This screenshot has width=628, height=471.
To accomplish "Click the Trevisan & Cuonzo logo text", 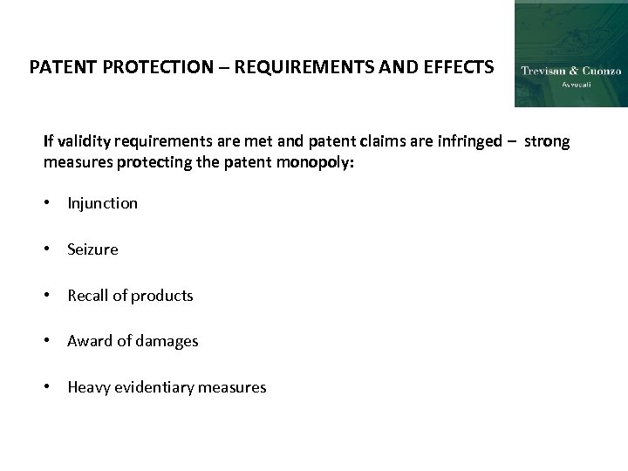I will tap(570, 71).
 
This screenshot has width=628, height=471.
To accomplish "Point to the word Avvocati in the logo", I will tap(571, 85).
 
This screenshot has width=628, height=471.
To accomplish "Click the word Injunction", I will tap(102, 203).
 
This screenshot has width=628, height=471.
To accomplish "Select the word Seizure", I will tap(92, 249).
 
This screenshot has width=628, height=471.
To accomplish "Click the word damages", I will tap(169, 341).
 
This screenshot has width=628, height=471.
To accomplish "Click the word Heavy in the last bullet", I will tap(87, 387).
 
